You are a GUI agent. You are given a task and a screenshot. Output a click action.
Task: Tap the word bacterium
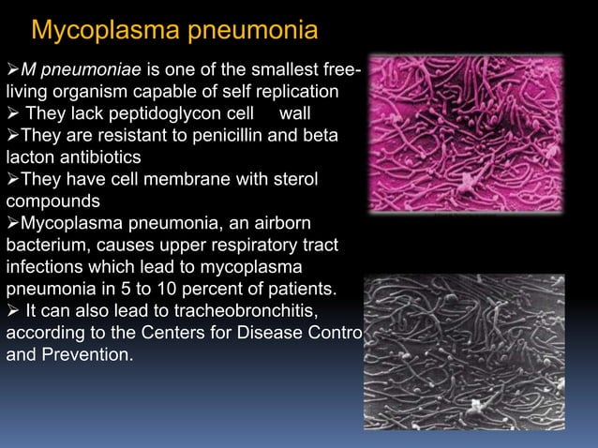click(x=48, y=245)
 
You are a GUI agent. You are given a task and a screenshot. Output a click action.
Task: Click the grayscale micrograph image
click(x=466, y=352)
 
